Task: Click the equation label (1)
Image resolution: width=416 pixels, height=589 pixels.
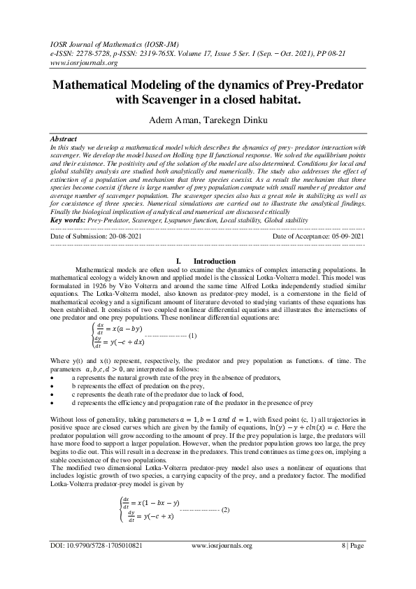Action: pos(192,335)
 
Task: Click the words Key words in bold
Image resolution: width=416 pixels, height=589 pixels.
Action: pos(69,220)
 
